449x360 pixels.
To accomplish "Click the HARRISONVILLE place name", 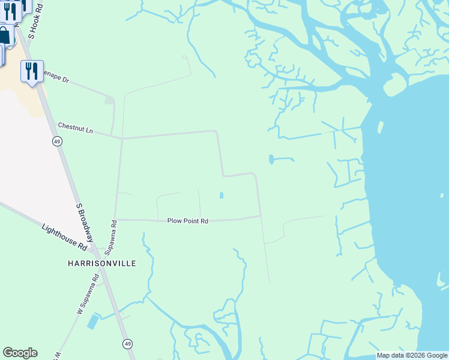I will (101, 263).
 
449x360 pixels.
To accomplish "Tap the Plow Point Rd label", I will (187, 221).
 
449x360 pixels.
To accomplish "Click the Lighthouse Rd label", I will (65, 237).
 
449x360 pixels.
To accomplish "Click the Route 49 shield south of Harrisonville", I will (128, 344).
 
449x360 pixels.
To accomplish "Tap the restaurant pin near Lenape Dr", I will (31, 71).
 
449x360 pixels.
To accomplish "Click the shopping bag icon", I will (5, 35).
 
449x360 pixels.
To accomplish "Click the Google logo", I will (20, 353).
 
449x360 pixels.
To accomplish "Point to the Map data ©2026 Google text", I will (412, 356).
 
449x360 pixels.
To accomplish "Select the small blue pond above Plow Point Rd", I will (221, 195).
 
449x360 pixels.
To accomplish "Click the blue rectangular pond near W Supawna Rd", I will (94, 322).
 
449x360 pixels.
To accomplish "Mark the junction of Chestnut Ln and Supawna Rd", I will (122, 139).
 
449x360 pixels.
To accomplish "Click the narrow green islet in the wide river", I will (380, 127).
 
